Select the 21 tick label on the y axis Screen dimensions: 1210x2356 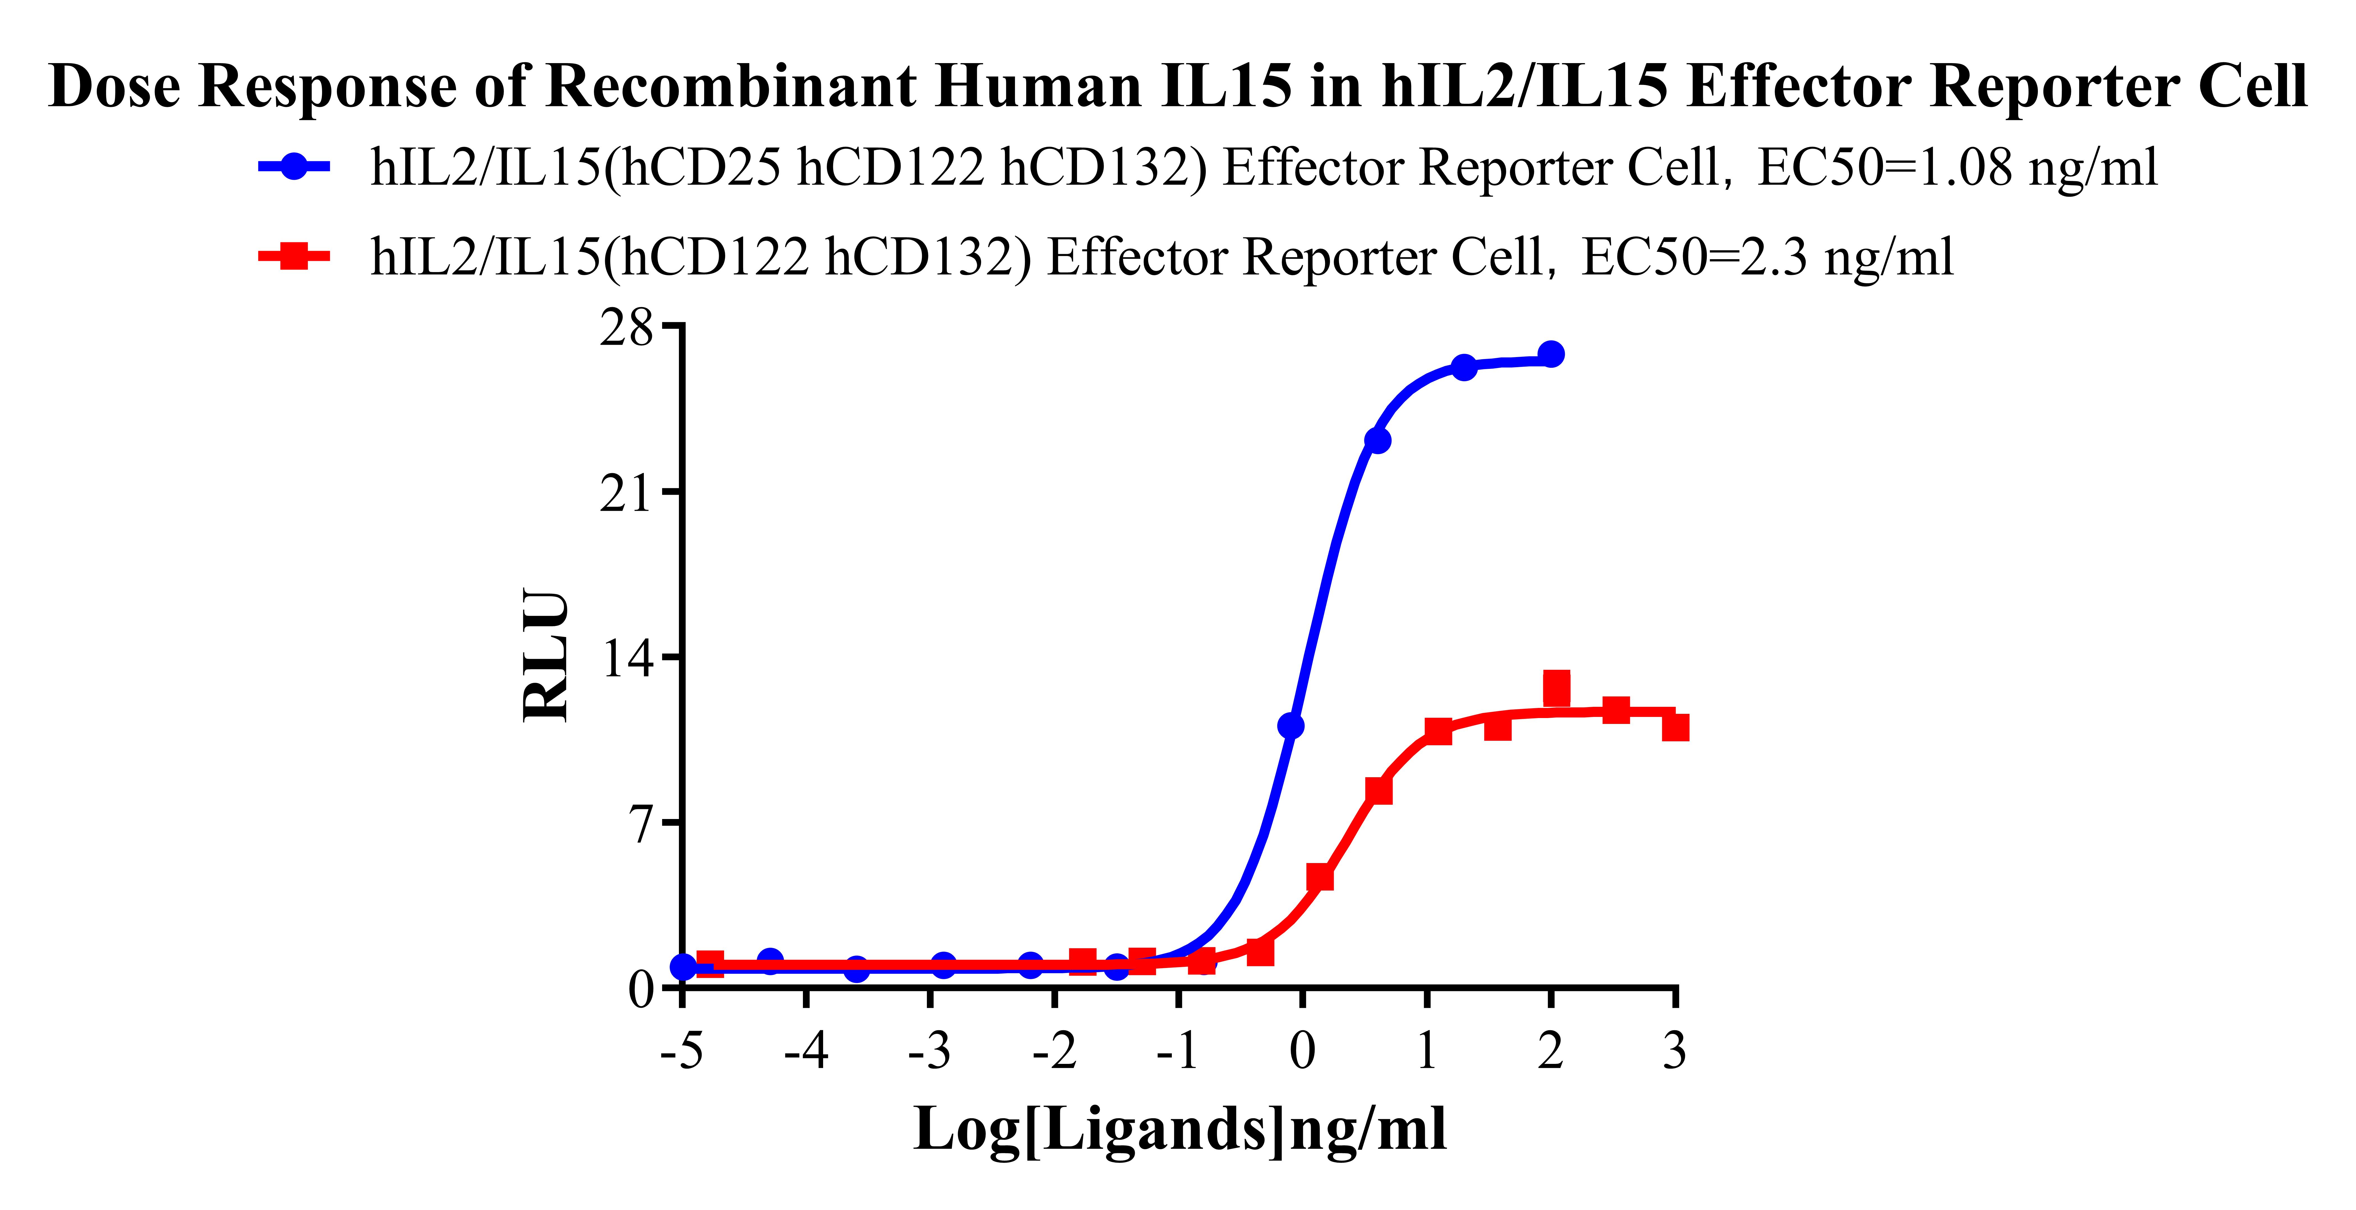point(627,494)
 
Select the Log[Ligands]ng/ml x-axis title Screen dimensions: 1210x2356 point(1180,1130)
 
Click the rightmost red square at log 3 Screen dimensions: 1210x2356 point(1675,727)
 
